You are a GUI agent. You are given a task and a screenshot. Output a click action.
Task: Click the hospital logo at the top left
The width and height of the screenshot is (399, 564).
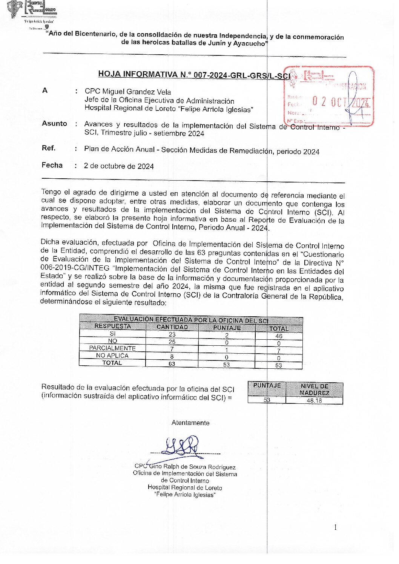[32, 9]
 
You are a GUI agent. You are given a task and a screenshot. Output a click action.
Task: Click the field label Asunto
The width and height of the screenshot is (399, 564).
[54, 124]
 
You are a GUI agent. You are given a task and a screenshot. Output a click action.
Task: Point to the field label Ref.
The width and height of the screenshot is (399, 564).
[48, 148]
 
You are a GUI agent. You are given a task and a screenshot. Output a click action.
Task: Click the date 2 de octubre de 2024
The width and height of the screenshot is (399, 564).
[119, 166]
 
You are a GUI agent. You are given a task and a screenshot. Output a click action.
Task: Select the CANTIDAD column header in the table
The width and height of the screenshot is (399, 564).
[172, 327]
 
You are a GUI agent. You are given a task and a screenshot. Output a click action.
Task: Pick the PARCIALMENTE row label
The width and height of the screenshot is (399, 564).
[112, 348]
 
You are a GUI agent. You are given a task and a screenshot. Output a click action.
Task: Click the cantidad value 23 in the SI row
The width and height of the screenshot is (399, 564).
[172, 334]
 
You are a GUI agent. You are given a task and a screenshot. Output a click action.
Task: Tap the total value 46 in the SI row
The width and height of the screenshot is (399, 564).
[279, 336]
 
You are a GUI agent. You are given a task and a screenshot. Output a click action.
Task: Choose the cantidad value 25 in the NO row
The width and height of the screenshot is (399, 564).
[172, 342]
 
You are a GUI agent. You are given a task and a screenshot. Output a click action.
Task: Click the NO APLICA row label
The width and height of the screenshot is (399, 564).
[112, 356]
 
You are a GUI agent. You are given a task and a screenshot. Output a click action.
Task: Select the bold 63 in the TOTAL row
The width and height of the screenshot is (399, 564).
[172, 364]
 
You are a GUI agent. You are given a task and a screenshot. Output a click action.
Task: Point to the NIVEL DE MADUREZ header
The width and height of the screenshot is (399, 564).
[314, 389]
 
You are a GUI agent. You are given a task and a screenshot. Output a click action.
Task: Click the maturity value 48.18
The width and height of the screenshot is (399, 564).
[314, 401]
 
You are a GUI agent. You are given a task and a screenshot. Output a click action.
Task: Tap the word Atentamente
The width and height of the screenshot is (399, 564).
[190, 423]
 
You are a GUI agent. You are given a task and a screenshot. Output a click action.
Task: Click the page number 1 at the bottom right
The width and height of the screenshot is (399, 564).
[335, 527]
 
